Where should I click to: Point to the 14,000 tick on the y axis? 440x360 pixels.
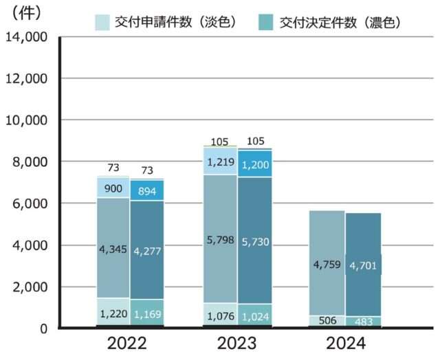(x=26, y=36)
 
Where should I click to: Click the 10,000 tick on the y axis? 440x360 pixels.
(x=26, y=120)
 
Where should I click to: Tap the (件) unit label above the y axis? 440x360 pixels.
(x=23, y=12)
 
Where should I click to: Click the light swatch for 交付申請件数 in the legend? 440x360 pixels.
(x=103, y=22)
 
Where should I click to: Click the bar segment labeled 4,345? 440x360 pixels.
(x=113, y=247)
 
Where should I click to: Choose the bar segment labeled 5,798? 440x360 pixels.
(x=219, y=239)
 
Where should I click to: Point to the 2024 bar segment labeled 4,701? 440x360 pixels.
(x=362, y=265)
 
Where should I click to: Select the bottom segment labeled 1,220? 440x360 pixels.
(x=113, y=313)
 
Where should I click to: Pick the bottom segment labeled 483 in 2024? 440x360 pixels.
(x=362, y=321)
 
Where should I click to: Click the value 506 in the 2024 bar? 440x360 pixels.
(x=327, y=321)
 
